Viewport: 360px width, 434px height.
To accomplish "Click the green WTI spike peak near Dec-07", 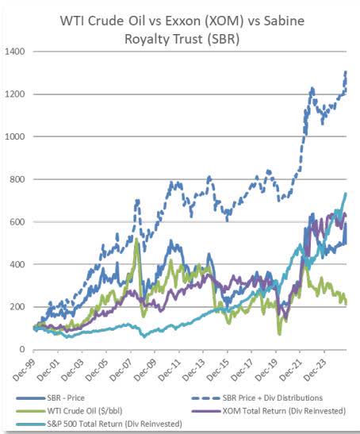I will tap(136, 239).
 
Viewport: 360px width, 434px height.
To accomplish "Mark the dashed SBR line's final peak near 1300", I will tap(346, 72).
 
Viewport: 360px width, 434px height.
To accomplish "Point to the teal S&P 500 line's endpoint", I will tap(346, 194).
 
